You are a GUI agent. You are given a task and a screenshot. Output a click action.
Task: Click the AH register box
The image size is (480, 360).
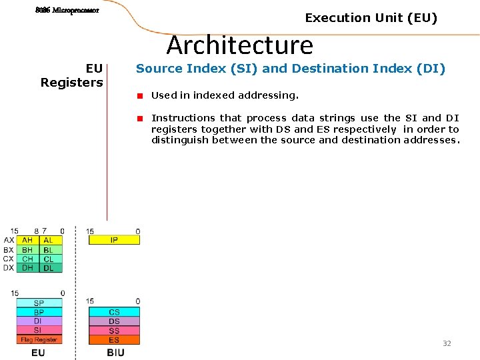pos(27,240)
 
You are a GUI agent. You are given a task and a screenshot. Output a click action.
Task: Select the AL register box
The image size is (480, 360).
pos(49,240)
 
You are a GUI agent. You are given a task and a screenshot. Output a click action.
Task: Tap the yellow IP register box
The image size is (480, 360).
pos(114,240)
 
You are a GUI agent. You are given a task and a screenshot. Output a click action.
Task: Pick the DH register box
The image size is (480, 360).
pos(27,268)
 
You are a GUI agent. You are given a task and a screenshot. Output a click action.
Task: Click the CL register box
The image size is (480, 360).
pos(49,259)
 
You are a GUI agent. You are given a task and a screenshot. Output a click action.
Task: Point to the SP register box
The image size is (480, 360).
pos(39,303)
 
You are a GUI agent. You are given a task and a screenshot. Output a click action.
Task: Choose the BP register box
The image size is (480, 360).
pos(39,312)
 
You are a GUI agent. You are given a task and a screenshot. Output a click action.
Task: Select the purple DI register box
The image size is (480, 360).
pos(39,321)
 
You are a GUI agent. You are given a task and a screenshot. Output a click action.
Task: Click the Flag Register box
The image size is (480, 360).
pos(39,339)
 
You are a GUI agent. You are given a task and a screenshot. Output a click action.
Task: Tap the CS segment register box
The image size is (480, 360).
pos(114,312)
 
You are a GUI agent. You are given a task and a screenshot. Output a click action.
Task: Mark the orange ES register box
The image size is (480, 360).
pos(114,340)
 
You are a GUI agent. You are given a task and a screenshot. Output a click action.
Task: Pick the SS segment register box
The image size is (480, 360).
pos(114,331)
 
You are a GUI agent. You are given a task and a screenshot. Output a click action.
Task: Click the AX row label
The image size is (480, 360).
pos(9,240)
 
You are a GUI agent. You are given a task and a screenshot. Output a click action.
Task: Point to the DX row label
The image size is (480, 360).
pos(9,268)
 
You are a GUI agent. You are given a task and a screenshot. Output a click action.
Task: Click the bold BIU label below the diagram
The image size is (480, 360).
pos(115,352)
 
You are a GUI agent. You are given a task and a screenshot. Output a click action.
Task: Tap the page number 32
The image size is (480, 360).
pos(447,343)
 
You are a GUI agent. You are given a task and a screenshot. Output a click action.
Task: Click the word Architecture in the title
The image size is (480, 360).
pos(239,45)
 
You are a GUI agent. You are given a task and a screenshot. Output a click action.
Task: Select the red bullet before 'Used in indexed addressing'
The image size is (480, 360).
pos(141,96)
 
